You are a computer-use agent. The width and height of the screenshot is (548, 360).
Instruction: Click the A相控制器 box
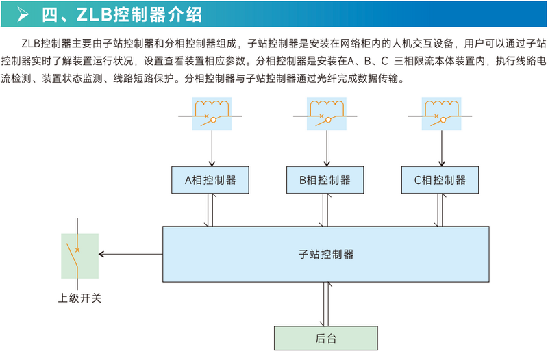tap(210, 181)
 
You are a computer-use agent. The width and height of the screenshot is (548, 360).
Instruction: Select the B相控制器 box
tap(325, 181)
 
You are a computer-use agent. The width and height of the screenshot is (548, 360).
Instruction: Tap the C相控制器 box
tap(440, 181)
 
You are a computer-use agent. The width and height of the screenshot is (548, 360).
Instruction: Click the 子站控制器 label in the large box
tap(326, 254)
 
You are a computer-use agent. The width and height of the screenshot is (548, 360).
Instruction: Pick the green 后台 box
tap(326, 337)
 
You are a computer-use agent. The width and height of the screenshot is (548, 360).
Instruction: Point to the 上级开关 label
tap(79, 298)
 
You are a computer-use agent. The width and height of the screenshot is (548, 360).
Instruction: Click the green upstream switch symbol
tap(79, 255)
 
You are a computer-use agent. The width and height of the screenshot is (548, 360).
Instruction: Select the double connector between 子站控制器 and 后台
tap(326, 303)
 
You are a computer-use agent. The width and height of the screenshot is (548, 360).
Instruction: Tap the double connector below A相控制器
tap(211, 209)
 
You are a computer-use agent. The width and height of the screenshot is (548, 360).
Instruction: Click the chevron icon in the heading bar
tap(23, 13)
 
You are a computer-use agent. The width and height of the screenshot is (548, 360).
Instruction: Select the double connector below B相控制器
tap(326, 209)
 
